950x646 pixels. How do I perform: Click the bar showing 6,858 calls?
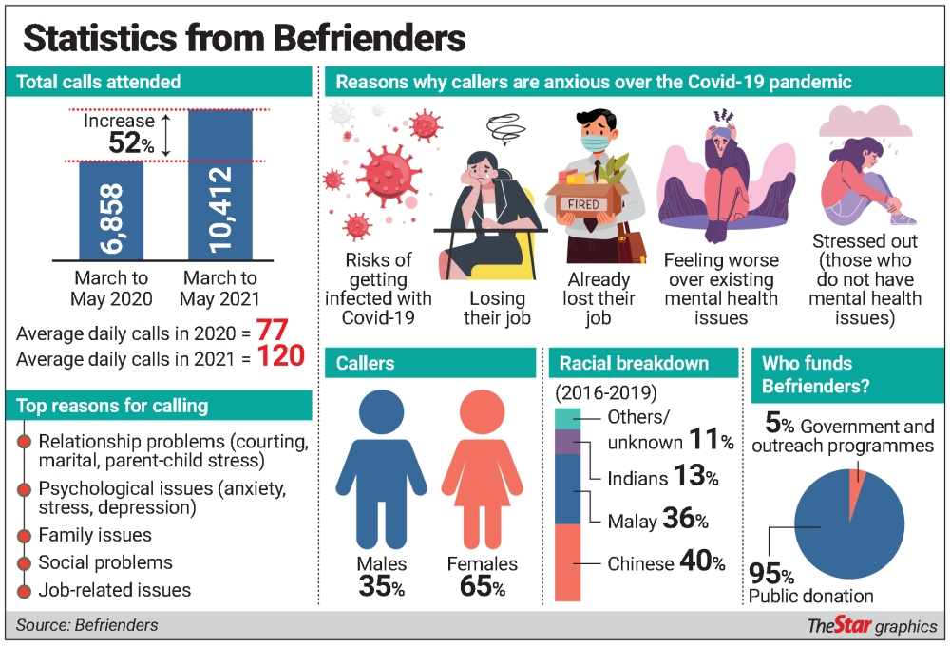point(111,211)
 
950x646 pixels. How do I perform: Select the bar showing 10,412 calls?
point(220,185)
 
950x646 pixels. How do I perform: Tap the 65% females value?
point(483,586)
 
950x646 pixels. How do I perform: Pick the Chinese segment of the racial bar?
point(567,561)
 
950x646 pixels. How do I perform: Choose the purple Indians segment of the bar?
point(567,442)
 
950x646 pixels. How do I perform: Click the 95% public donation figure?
point(770,574)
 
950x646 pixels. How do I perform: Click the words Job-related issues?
point(115,590)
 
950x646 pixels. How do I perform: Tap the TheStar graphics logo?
point(871,625)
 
